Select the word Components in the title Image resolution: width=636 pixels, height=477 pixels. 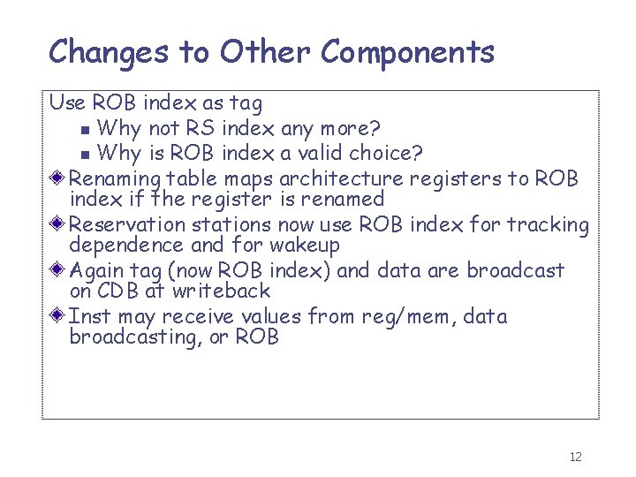point(407,52)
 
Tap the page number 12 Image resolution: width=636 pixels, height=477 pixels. point(575,457)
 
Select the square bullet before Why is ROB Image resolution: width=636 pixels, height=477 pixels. point(85,155)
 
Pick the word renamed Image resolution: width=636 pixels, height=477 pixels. point(341,200)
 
